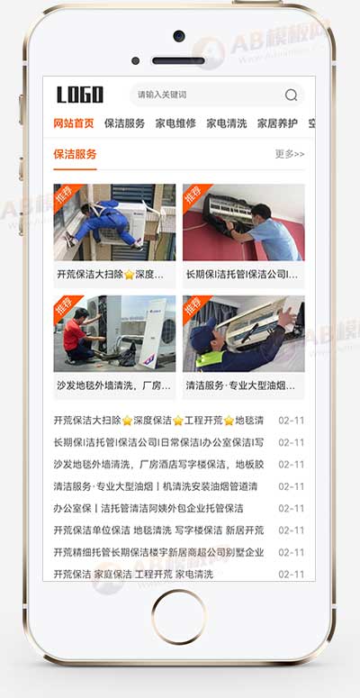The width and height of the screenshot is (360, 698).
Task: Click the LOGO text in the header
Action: (x=80, y=95)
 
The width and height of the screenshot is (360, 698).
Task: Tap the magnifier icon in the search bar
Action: (x=291, y=95)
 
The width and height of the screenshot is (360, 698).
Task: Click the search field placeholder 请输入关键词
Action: (x=162, y=95)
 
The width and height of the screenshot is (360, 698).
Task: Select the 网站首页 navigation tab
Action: (x=73, y=123)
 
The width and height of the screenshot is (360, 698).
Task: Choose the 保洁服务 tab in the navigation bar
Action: (x=124, y=123)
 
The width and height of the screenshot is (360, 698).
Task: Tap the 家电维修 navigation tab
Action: (x=175, y=123)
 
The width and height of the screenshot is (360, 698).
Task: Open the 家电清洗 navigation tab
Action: (x=226, y=123)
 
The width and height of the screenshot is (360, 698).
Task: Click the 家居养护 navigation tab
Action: (x=277, y=123)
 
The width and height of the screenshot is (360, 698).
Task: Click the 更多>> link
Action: (x=290, y=154)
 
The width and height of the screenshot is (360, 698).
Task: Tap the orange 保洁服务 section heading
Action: (x=75, y=154)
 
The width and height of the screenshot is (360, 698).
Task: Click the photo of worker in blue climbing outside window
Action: (x=114, y=222)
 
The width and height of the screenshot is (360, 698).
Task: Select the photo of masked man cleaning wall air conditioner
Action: (x=244, y=222)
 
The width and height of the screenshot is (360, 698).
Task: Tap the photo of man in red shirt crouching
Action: (x=114, y=334)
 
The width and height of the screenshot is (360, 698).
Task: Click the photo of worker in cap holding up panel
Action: (x=244, y=334)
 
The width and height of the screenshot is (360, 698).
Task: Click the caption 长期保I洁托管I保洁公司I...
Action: (x=242, y=274)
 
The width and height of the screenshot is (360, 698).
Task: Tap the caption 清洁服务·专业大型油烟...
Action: (x=241, y=385)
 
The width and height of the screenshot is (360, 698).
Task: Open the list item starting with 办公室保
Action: (x=148, y=508)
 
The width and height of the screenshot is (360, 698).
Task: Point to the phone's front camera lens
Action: (x=179, y=37)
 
